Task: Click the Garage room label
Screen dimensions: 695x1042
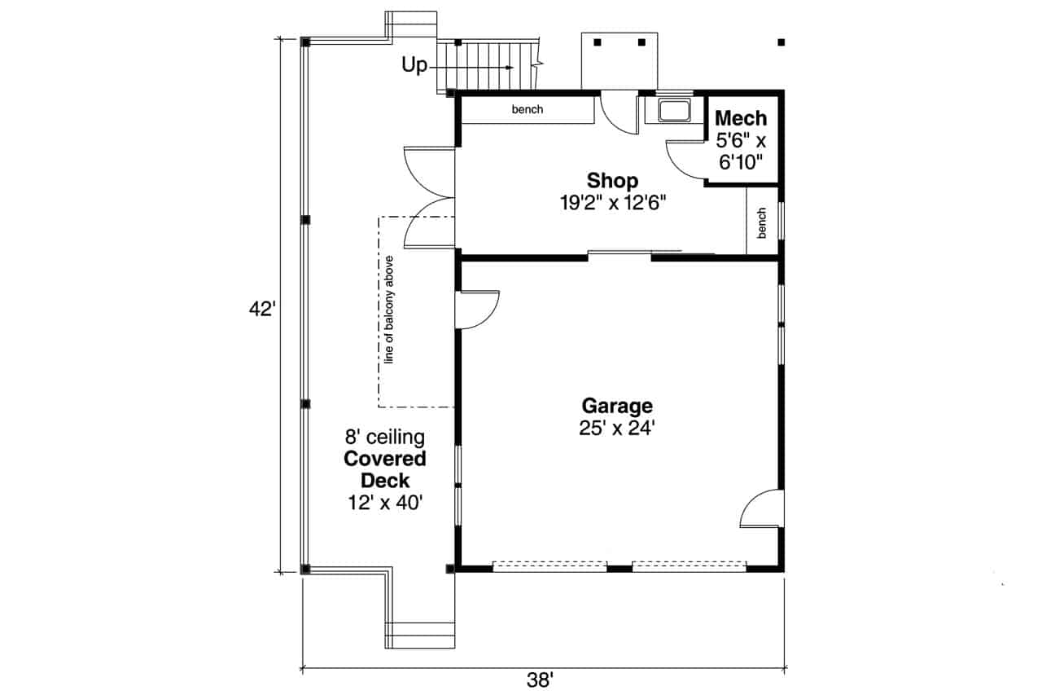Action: click(x=616, y=405)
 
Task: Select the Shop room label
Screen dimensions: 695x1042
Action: click(x=612, y=180)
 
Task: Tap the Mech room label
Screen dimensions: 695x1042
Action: click(x=740, y=119)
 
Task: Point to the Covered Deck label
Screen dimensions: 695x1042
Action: click(x=384, y=469)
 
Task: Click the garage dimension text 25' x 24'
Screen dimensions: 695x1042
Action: click(x=616, y=429)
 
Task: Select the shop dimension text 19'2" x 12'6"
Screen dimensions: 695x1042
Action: click(x=612, y=203)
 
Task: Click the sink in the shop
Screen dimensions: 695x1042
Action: click(x=673, y=110)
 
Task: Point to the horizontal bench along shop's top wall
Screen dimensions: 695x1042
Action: click(x=527, y=110)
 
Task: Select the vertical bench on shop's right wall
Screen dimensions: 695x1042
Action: click(x=762, y=222)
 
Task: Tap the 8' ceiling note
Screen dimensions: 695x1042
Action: click(x=384, y=438)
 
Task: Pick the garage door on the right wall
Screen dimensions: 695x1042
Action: click(x=763, y=510)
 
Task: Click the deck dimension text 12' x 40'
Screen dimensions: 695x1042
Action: click(x=384, y=503)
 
